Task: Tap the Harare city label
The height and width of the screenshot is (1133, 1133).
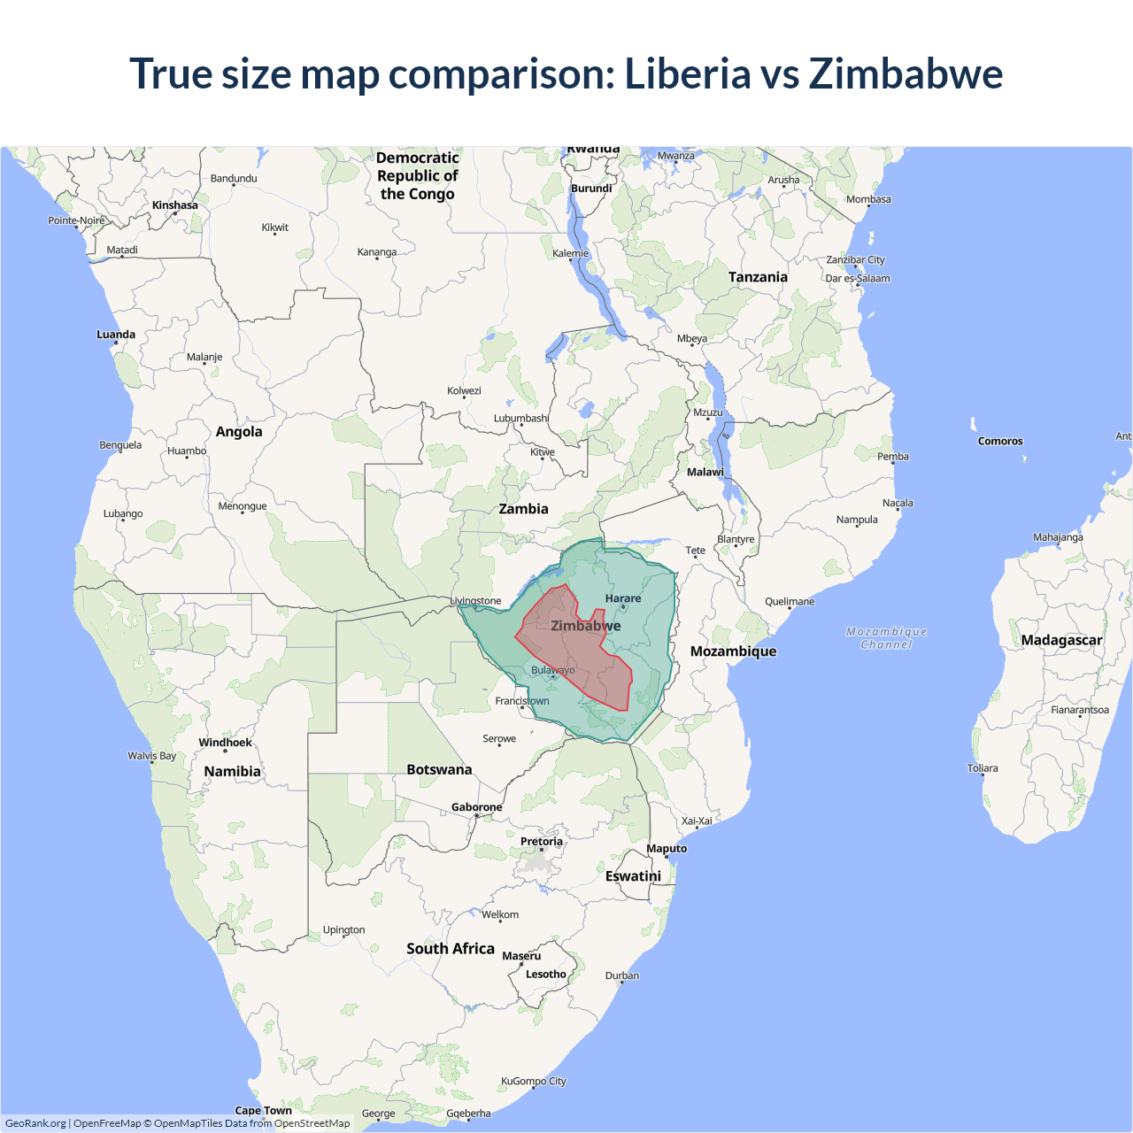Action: pyautogui.click(x=623, y=599)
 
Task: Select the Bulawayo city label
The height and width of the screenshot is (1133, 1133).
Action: pyautogui.click(x=552, y=670)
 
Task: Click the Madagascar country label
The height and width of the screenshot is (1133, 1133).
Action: pyautogui.click(x=1061, y=640)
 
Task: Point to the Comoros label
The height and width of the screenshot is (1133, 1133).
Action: pyautogui.click(x=1000, y=441)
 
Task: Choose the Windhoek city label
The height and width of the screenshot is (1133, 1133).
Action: pyautogui.click(x=225, y=743)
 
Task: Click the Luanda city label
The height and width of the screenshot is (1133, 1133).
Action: pyautogui.click(x=116, y=335)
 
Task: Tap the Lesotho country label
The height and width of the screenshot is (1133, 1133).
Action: pyautogui.click(x=545, y=975)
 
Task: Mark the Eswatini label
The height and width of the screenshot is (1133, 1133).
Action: pyautogui.click(x=633, y=876)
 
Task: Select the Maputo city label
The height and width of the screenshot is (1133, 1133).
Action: pyautogui.click(x=667, y=849)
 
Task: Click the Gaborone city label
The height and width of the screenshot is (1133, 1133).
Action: pyautogui.click(x=476, y=807)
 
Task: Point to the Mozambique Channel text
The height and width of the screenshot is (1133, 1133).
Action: pyautogui.click(x=886, y=638)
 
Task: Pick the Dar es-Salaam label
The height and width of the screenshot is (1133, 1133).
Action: pyautogui.click(x=858, y=278)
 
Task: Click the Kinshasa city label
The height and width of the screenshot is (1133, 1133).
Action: pyautogui.click(x=175, y=205)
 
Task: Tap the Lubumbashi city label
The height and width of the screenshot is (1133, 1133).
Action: pyautogui.click(x=521, y=419)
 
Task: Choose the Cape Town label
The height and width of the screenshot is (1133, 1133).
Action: pyautogui.click(x=263, y=1110)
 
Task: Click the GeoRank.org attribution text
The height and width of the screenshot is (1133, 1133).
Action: pyautogui.click(x=35, y=1123)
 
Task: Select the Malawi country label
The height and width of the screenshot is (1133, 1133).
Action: pyautogui.click(x=705, y=472)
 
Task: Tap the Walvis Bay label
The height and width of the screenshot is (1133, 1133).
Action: pyautogui.click(x=151, y=756)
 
